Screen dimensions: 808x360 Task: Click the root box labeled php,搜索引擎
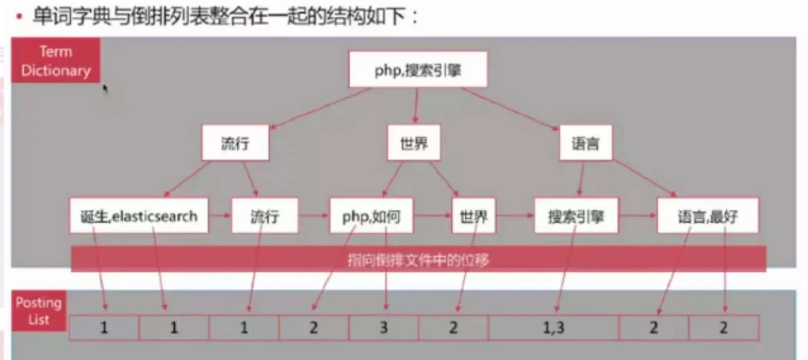coord(418,69)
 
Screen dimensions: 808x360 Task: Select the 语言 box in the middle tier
coord(585,143)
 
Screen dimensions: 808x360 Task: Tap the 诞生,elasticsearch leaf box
coord(139,216)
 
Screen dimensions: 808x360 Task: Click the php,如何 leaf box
coord(371,216)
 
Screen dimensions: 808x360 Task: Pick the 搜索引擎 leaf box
coord(576,216)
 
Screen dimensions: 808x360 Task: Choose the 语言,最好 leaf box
coord(707,216)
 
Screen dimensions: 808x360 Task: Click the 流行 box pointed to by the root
coord(235,143)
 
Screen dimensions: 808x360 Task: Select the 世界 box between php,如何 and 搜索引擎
coord(473,216)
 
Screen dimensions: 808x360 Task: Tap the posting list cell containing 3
coord(384,328)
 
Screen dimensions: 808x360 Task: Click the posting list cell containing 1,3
coord(554,328)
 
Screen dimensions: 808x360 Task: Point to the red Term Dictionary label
coord(56,61)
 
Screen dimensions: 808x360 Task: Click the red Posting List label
coord(39,311)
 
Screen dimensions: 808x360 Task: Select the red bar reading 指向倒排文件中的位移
coord(418,259)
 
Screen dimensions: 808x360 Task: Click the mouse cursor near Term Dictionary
coord(105,89)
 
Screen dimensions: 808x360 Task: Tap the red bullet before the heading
coord(19,17)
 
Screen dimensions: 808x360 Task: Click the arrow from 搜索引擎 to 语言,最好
coord(638,216)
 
